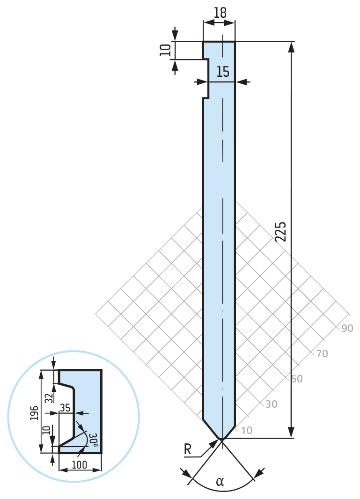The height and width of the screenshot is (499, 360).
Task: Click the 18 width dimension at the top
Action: click(x=220, y=13)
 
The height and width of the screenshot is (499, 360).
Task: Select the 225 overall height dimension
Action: click(x=281, y=232)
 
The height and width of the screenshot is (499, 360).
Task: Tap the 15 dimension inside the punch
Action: click(x=223, y=72)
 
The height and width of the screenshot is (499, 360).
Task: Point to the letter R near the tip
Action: click(x=188, y=449)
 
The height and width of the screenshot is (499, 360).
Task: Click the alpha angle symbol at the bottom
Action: click(x=220, y=482)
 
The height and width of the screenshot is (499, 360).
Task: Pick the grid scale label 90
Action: click(x=347, y=328)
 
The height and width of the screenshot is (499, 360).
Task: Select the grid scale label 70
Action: click(x=322, y=353)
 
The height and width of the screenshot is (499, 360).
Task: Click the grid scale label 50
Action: click(x=297, y=379)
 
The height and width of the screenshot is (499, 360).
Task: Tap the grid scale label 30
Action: click(x=271, y=404)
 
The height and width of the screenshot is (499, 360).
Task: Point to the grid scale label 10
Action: click(x=247, y=430)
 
